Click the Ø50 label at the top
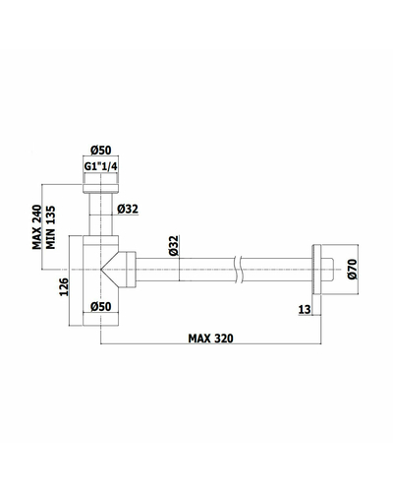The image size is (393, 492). [101, 151]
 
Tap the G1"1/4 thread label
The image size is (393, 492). [101, 166]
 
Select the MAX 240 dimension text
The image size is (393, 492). [37, 227]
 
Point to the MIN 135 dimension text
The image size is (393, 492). [50, 227]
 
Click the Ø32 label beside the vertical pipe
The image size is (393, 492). [128, 209]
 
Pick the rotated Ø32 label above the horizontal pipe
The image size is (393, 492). [174, 245]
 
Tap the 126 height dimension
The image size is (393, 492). [64, 286]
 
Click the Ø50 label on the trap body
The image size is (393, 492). [101, 307]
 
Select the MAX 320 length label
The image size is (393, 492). [210, 338]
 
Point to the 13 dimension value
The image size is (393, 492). [305, 309]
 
